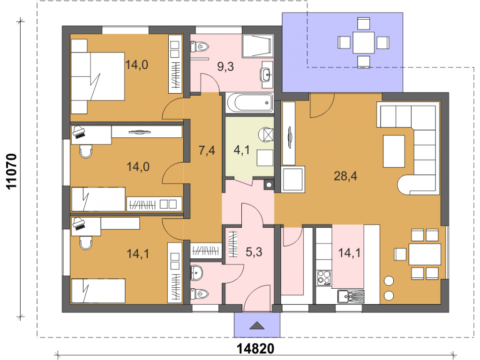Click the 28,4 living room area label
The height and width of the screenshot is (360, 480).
[x=345, y=176]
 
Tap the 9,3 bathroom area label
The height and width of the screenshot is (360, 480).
[x=225, y=67]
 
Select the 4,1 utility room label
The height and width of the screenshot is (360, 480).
[x=241, y=150]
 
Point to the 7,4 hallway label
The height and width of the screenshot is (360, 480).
[x=207, y=150]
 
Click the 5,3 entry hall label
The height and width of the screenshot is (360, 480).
[x=254, y=252]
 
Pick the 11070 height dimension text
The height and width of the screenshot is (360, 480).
[x=12, y=172]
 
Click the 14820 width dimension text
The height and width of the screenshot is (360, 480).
[x=255, y=348]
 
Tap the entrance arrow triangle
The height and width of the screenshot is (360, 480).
[x=257, y=326]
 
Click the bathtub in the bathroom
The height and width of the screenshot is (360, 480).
[x=250, y=103]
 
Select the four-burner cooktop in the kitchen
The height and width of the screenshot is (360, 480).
[x=323, y=277]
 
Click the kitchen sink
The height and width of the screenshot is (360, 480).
[x=351, y=296]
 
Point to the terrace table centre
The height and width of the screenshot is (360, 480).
[x=363, y=43]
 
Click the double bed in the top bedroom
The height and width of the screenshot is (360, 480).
[x=97, y=76]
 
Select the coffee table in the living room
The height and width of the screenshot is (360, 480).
[x=394, y=151]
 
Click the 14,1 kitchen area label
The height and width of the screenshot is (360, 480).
[x=349, y=253]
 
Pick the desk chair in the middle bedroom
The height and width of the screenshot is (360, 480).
[x=86, y=151]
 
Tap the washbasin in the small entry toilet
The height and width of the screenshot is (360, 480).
[x=196, y=273]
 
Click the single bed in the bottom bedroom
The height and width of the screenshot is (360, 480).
[x=98, y=291]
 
